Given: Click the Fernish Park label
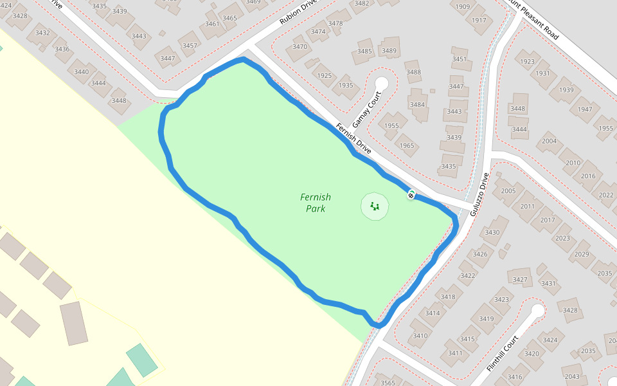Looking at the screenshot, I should pos(316,203).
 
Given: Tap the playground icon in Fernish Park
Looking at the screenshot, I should pos(375,207).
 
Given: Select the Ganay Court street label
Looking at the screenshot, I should pos(366,109).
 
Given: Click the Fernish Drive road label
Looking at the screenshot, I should pos(353,138).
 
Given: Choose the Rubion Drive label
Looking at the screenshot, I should pos(298,12).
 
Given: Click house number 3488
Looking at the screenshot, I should pos(413,72).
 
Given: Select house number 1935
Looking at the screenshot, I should pos(346,86).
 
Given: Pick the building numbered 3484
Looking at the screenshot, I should pos(418,104).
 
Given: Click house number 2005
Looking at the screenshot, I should pos(508,191).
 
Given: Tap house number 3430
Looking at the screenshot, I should pos(492,232).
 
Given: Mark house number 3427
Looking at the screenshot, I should pos(521,279).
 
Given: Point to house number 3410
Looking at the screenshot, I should pos(420,336).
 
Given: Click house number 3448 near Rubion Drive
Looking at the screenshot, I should pos(119,100).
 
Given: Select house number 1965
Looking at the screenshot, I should pos(407,146).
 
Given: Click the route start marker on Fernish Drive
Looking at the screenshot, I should pos(411,194).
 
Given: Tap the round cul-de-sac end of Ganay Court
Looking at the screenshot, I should pos(382,83).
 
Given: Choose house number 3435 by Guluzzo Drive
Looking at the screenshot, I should pos(449,167).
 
